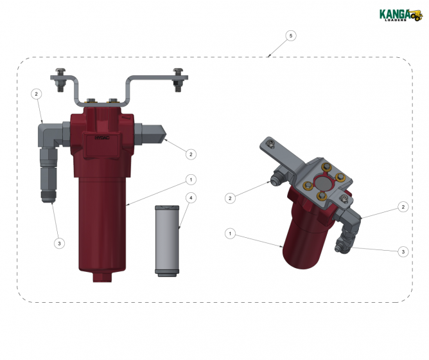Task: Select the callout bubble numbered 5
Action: point(292,36)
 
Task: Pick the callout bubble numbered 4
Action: point(191,198)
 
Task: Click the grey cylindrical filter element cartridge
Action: point(166,241)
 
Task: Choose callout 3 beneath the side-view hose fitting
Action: point(59,243)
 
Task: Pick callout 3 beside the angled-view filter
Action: point(403,251)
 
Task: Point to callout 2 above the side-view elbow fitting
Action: point(37,94)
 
